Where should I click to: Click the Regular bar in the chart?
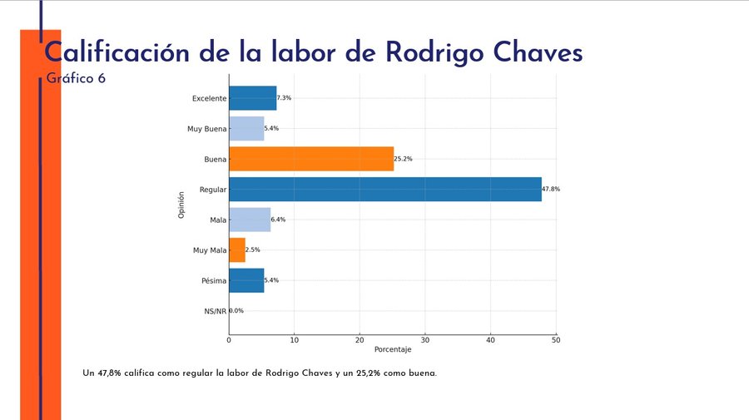(384, 189)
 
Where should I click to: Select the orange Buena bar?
(310, 159)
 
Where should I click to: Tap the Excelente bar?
(252, 98)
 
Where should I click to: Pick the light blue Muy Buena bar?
(246, 129)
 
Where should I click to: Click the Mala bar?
(249, 220)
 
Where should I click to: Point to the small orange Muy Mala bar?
(236, 250)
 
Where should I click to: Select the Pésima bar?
(246, 280)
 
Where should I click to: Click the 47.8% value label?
(551, 190)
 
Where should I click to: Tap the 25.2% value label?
(403, 159)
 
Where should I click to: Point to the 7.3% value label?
(285, 98)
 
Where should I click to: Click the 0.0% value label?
(236, 311)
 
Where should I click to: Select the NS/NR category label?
(215, 311)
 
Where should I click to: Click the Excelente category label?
(209, 98)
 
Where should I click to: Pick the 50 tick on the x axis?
(555, 340)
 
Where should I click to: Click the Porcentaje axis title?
(392, 349)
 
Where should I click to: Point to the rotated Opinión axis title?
(181, 205)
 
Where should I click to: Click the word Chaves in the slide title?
(529, 52)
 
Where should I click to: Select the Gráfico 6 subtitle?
(76, 78)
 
